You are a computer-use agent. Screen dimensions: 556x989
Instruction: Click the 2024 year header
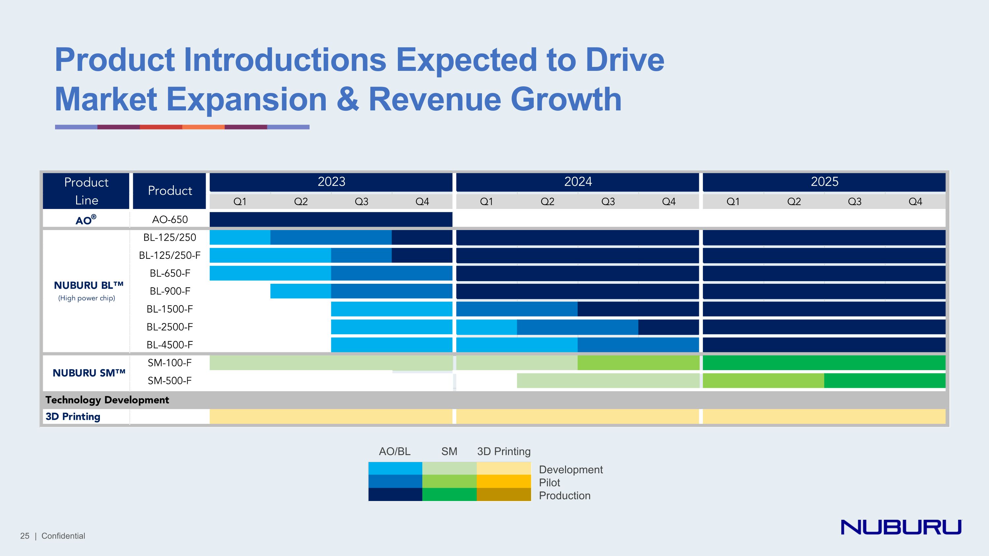578,182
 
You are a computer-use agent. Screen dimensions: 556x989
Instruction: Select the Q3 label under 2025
854,201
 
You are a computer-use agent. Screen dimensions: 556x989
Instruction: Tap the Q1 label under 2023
240,201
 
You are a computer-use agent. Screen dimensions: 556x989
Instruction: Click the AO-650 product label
170,219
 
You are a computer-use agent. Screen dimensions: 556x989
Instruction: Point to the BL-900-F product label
170,291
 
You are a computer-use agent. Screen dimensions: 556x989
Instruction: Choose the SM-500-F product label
170,381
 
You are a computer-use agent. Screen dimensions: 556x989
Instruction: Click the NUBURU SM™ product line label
89,373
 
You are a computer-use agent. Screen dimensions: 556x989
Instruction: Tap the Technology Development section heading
107,400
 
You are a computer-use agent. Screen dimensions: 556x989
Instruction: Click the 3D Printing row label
73,417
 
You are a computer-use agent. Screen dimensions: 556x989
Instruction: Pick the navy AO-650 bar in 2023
331,219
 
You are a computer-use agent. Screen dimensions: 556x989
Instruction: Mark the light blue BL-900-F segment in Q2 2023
301,291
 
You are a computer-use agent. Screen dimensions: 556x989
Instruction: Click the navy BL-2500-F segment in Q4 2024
669,327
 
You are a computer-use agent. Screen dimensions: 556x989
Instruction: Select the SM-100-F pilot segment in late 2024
638,363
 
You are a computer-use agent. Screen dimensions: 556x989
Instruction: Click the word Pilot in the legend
550,483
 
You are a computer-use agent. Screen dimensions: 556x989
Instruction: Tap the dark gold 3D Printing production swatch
504,495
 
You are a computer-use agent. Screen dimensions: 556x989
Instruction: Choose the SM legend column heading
449,451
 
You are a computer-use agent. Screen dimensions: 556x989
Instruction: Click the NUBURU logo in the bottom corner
901,527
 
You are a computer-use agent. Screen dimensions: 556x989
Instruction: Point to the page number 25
25,536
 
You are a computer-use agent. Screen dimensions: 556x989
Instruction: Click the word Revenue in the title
435,99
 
